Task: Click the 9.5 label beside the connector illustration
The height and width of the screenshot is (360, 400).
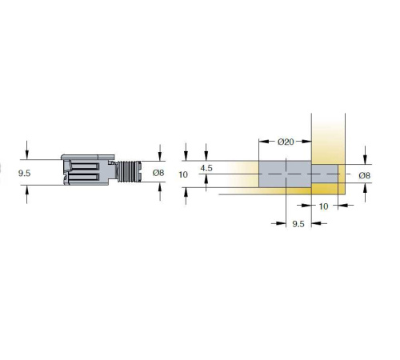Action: (24, 174)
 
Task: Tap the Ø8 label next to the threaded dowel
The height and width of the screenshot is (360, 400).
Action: (158, 173)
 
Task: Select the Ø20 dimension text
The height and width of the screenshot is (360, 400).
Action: (286, 142)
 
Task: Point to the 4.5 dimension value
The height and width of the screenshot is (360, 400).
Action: (206, 168)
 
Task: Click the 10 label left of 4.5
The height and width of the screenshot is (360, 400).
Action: (183, 174)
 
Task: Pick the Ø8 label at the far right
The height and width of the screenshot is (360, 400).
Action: (365, 175)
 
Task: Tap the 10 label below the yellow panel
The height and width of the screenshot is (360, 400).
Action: (323, 206)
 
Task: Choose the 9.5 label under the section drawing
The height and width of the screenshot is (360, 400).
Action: (298, 224)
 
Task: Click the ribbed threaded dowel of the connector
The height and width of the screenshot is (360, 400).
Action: (129, 171)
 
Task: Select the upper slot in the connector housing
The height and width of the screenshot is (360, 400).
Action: (85, 166)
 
